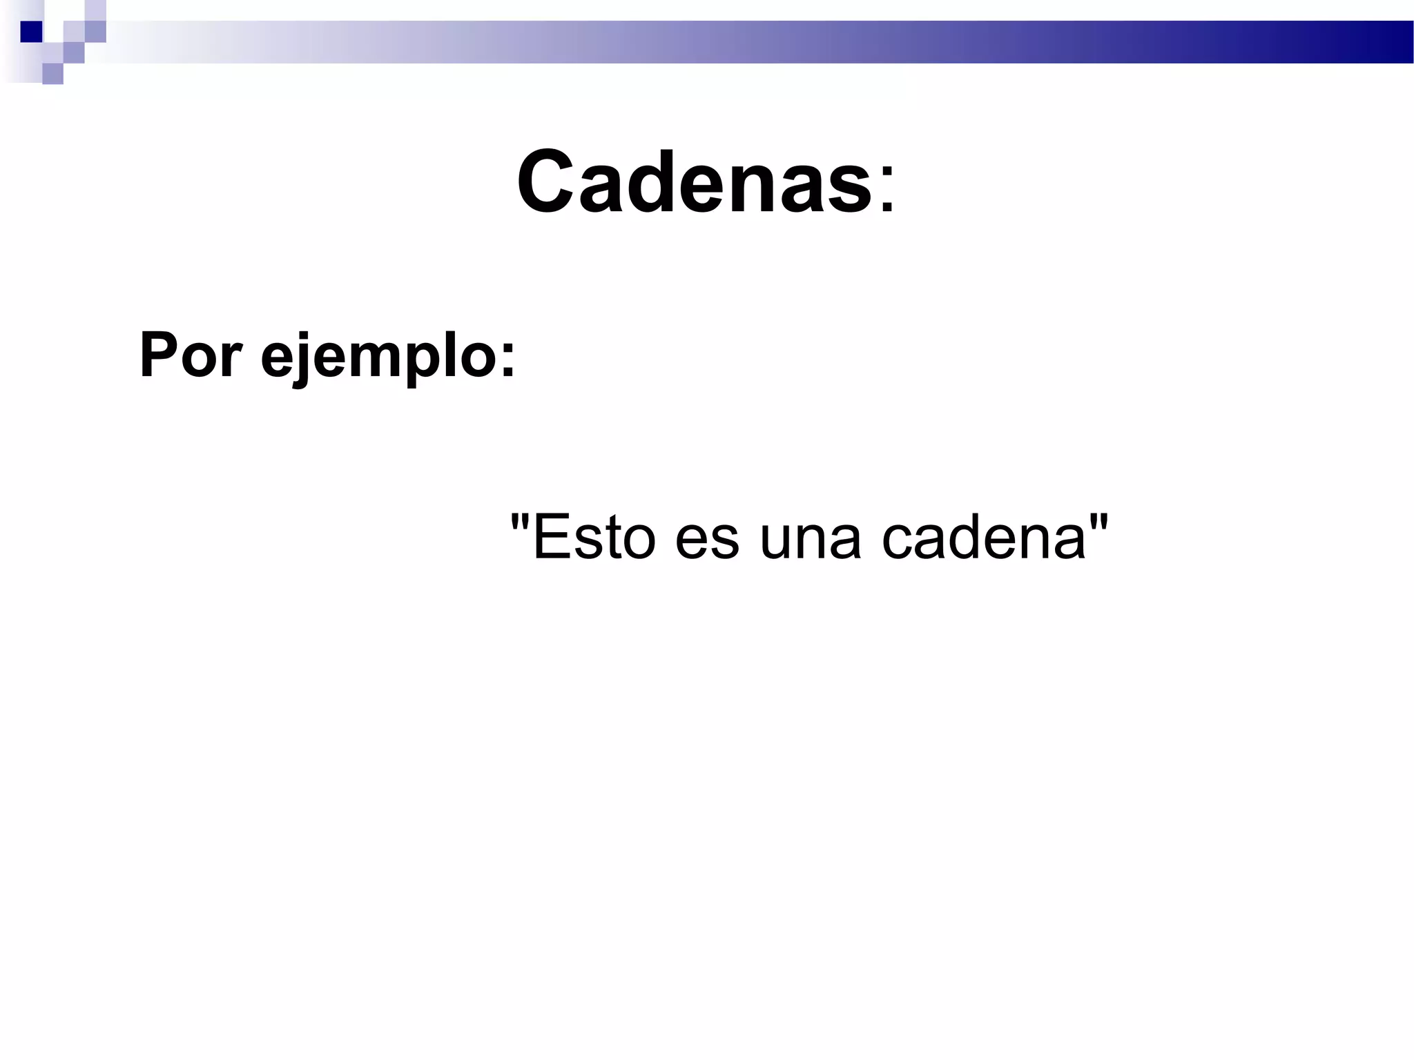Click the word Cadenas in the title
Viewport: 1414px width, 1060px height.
click(x=694, y=181)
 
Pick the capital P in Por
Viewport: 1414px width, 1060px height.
click(x=157, y=355)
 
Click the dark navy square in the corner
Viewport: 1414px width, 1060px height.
click(x=32, y=32)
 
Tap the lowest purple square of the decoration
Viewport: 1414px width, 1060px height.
click(x=52, y=74)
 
